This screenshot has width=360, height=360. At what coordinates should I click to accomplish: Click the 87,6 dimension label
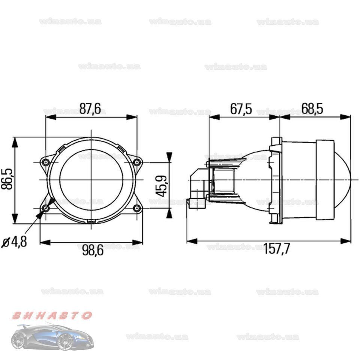[x=90, y=108]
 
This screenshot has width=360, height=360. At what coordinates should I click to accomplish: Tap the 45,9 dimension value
[x=162, y=184]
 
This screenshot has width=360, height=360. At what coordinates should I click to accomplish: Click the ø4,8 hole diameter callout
[x=14, y=242]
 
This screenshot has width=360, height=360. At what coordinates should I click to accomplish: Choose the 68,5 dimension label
[x=312, y=109]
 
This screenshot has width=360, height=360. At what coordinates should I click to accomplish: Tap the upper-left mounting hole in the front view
[x=46, y=162]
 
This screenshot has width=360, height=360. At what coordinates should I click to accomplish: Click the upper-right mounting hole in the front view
[x=137, y=162]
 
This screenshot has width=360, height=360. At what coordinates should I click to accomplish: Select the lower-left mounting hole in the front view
[x=46, y=208]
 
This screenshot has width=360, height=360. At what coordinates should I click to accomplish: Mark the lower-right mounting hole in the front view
[x=137, y=208]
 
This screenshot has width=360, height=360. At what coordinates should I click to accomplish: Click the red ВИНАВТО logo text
[x=51, y=315]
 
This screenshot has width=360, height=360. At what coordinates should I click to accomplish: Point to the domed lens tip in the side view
[x=347, y=179]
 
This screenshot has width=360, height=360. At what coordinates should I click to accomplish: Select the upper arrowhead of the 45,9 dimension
[x=169, y=157]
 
